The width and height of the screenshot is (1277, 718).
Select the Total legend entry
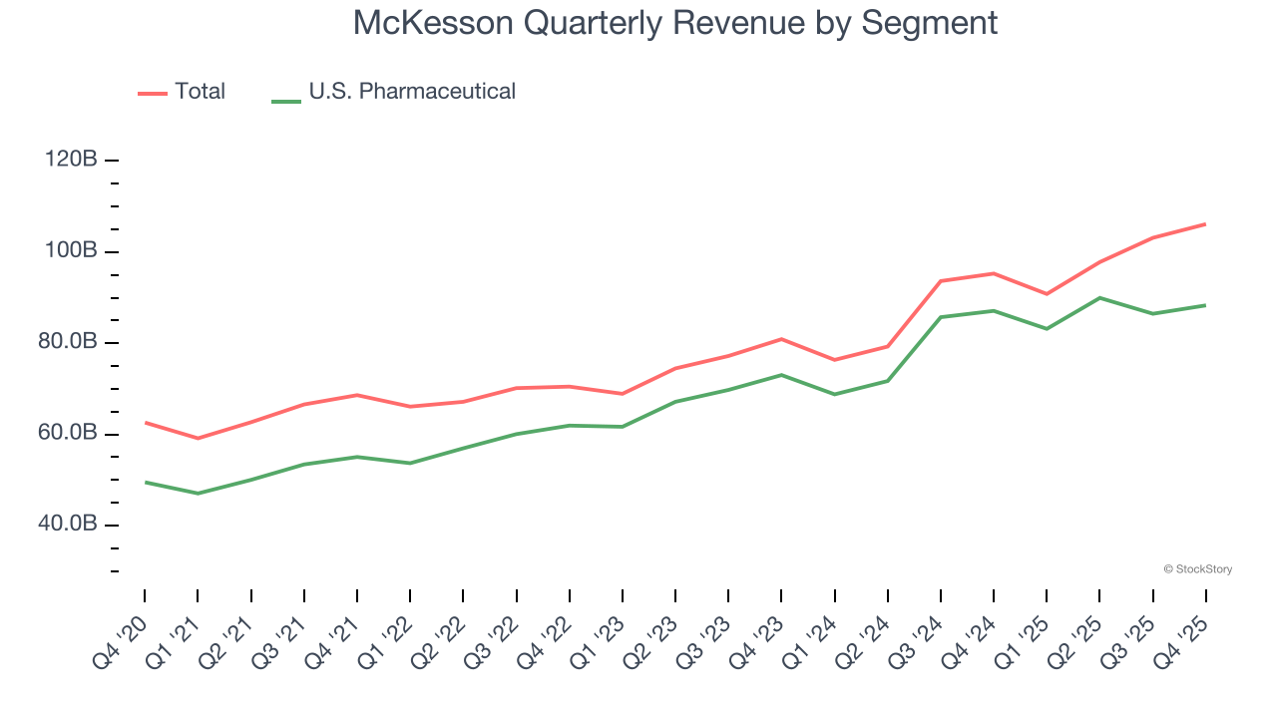(200, 92)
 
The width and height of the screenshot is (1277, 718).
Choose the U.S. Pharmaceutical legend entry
(411, 92)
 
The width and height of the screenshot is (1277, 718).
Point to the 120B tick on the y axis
(70, 160)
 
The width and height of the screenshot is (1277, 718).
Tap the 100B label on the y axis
(70, 251)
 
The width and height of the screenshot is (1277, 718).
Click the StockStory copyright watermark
(1197, 569)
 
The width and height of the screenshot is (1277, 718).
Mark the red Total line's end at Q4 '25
(1205, 224)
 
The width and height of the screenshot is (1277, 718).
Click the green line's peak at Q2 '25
(1099, 297)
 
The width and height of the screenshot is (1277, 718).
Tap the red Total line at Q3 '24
(941, 281)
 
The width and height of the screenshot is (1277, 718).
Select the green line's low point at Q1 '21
(198, 494)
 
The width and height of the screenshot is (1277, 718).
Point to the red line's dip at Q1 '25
(1047, 294)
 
